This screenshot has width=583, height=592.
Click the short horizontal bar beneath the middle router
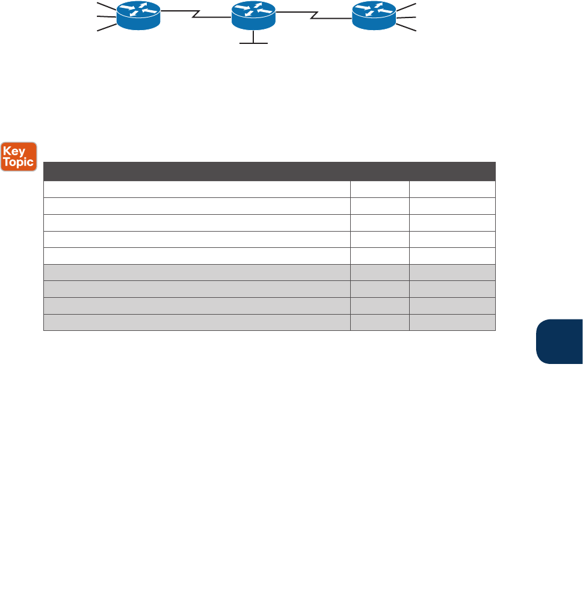[253, 43]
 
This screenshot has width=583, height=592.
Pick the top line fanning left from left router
[106, 6]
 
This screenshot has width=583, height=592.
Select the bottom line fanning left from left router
[106, 28]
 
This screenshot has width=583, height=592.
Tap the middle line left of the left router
[105, 17]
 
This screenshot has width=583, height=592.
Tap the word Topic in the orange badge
[19, 162]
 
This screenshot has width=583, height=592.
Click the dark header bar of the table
[269, 171]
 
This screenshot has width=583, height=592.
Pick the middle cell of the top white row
[380, 190]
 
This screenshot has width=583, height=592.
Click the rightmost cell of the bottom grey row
[452, 322]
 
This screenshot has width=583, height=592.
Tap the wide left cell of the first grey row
[197, 273]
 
